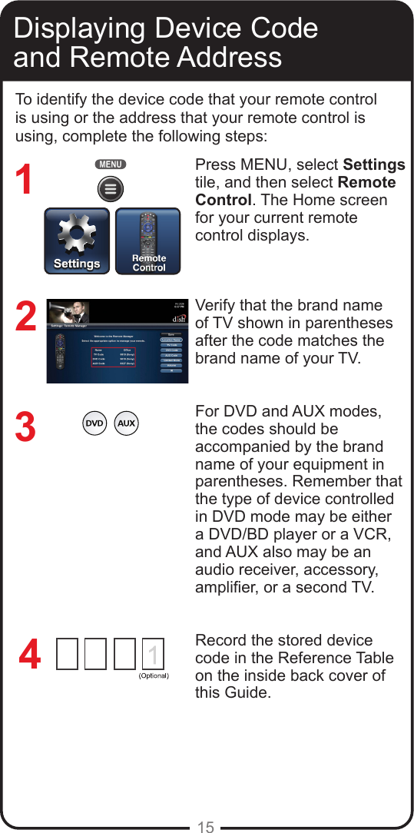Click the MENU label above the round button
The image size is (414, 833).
click(111, 164)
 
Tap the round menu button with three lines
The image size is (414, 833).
click(111, 188)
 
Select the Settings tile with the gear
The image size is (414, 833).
click(77, 241)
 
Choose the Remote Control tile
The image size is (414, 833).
click(148, 241)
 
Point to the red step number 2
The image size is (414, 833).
click(25, 317)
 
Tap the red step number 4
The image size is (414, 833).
click(29, 657)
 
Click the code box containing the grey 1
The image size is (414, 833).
click(153, 655)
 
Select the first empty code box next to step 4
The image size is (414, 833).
click(67, 655)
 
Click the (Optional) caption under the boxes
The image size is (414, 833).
click(153, 676)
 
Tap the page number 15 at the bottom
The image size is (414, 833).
click(206, 827)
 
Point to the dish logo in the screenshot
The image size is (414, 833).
click(177, 318)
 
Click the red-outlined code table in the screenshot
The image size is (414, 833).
click(113, 358)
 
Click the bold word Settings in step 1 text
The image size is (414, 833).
click(373, 165)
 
